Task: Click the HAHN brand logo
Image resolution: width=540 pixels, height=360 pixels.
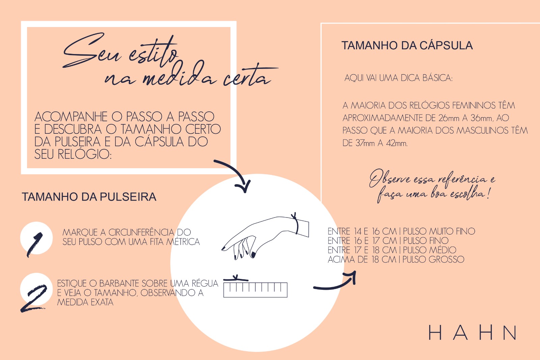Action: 473,333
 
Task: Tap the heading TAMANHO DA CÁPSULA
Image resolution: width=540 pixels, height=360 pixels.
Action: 407,45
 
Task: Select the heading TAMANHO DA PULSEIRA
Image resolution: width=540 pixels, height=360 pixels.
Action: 89,197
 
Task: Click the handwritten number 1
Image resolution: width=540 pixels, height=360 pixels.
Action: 35,244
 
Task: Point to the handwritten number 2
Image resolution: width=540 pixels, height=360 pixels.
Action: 34,298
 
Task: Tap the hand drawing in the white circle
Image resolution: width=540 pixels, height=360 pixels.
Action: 265,238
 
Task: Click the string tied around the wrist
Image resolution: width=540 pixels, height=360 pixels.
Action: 296,223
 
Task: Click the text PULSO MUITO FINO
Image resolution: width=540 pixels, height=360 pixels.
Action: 439,231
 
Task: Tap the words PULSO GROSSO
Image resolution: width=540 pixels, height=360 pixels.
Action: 433,259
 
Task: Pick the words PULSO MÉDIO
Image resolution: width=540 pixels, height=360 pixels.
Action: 430,250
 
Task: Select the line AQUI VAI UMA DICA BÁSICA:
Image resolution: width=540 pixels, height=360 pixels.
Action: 399,78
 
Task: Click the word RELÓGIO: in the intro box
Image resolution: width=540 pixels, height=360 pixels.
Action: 85,154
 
